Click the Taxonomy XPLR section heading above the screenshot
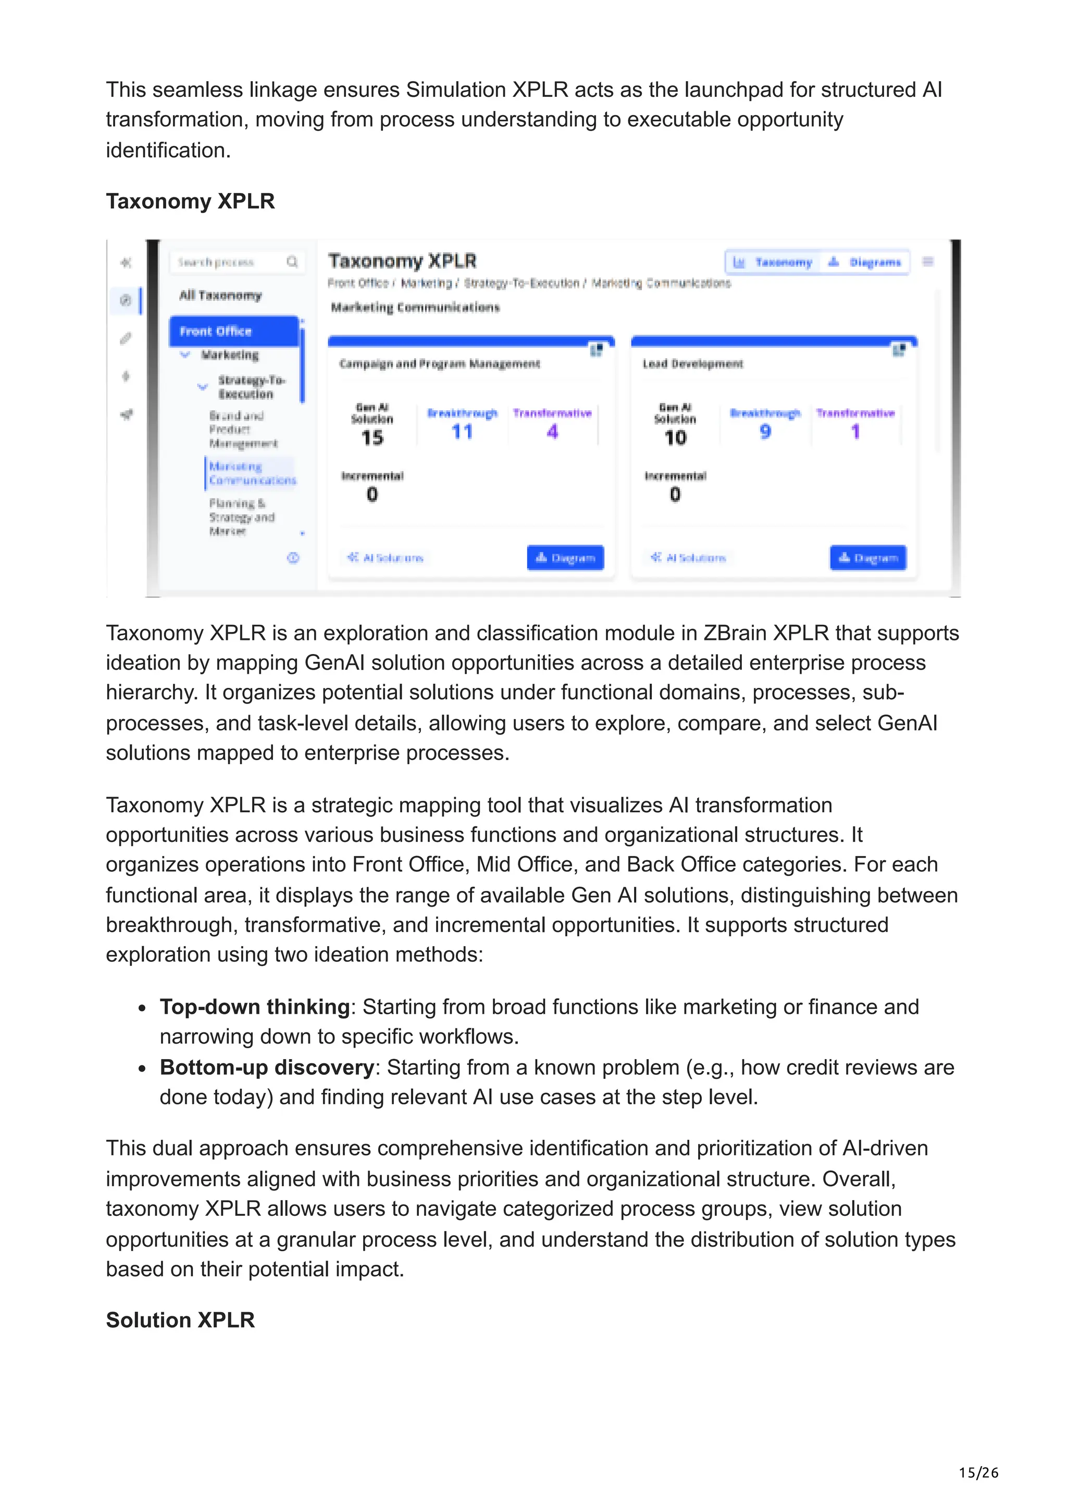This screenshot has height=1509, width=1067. click(x=190, y=201)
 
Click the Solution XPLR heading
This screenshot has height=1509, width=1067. click(x=180, y=1319)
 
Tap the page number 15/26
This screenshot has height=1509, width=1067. click(x=978, y=1472)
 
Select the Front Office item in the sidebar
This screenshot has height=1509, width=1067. click(x=233, y=331)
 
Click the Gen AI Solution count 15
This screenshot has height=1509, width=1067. click(x=372, y=438)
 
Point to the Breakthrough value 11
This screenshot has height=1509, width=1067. click(x=462, y=432)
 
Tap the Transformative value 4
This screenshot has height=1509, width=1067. click(x=552, y=432)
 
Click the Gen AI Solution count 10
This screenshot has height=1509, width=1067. click(x=675, y=438)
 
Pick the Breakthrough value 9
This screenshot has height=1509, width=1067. click(x=765, y=432)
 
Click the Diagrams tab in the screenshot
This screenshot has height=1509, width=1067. click(x=866, y=262)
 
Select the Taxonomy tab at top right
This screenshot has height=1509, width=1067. click(x=774, y=262)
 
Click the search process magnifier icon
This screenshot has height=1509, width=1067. click(x=292, y=262)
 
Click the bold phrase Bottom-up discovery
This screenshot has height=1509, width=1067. click(x=267, y=1067)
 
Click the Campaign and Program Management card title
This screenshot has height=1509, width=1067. click(x=439, y=363)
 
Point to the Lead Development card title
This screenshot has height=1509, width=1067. click(x=692, y=363)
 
